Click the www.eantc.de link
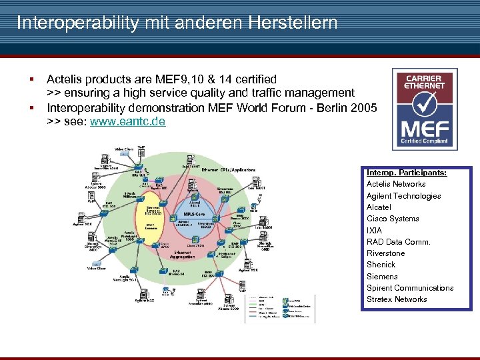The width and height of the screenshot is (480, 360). click(127, 122)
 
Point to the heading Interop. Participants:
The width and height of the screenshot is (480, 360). click(407, 173)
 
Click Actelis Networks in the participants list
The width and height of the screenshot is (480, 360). click(396, 184)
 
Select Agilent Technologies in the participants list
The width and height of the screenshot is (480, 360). click(403, 196)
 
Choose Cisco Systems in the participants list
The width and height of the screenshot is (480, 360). click(393, 219)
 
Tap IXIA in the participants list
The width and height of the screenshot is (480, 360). click(374, 231)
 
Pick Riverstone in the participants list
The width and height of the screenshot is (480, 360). click(385, 253)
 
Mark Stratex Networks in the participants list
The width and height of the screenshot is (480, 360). click(397, 299)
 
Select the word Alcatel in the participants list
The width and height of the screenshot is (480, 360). click(379, 207)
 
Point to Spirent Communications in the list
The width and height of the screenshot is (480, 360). click(410, 288)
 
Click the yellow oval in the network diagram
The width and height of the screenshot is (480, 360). click(155, 211)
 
